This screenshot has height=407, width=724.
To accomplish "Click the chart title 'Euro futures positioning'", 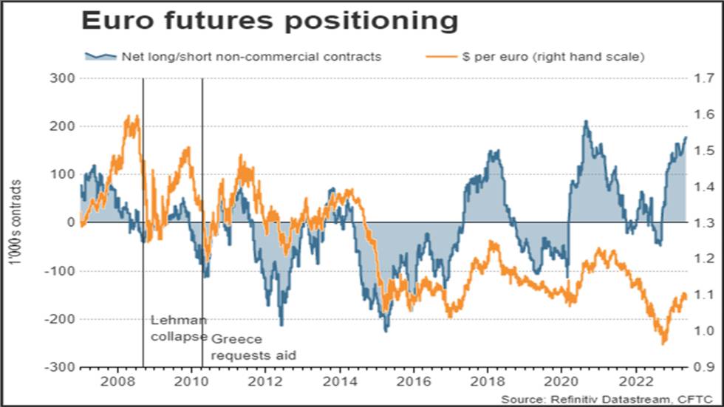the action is tap(270, 21).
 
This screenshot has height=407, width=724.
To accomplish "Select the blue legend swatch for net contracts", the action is tap(100, 56).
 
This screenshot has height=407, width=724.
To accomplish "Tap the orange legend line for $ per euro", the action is tap(441, 57).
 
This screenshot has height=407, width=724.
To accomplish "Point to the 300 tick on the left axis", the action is tap(62, 78).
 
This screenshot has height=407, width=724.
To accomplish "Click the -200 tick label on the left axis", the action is tap(60, 319).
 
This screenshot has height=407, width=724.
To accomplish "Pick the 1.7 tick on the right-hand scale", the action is tap(704, 78).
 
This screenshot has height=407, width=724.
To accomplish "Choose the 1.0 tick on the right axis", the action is tap(704, 331).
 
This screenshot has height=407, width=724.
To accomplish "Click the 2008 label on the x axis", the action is tap(117, 382).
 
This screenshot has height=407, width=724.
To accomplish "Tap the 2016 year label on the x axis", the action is tap(414, 382).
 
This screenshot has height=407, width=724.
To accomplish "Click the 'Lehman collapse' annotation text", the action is tap(179, 328).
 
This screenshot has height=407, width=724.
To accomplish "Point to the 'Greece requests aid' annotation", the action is tap(253, 347).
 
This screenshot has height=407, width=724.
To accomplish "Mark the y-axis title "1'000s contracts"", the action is tap(16, 222).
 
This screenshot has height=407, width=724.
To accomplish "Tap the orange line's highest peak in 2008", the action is tap(128, 116).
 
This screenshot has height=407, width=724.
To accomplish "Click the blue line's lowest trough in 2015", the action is tap(386, 331).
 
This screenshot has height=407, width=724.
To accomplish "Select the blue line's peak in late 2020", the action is tap(586, 121).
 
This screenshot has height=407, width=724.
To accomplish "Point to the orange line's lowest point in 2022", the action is tap(664, 343).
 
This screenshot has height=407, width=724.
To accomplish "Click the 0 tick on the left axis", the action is tap(71, 222).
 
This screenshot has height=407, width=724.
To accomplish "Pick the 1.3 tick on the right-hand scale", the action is tap(704, 222).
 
